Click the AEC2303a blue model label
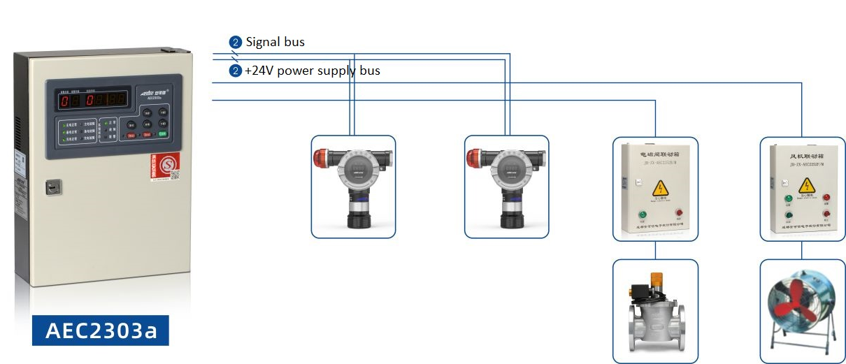[x=100, y=330]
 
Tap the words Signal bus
[x=275, y=43]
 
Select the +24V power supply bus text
[x=312, y=71]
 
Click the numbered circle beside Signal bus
[x=236, y=43]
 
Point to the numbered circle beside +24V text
[x=236, y=71]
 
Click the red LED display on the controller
[x=93, y=100]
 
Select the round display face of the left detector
[x=357, y=171]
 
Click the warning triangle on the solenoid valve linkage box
[x=659, y=187]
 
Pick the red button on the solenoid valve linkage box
[x=678, y=212]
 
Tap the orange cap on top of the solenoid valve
[x=658, y=279]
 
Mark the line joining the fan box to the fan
[x=802, y=251]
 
